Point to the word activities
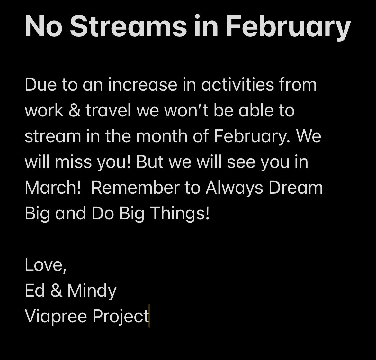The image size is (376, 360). pyautogui.click(x=237, y=85)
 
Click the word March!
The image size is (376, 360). pyautogui.click(x=53, y=188)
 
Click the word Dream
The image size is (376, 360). pyautogui.click(x=296, y=188)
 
